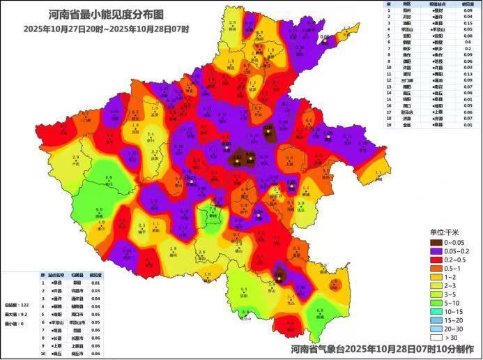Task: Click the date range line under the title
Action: coord(106,29)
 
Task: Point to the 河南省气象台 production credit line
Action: coord(384,347)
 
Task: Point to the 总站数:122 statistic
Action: coord(15,306)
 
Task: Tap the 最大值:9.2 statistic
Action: coord(15,315)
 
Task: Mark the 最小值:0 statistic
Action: coord(15,324)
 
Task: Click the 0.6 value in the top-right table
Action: coord(467,43)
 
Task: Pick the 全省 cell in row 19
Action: coord(407,124)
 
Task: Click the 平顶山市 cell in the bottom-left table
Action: coord(77,322)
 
